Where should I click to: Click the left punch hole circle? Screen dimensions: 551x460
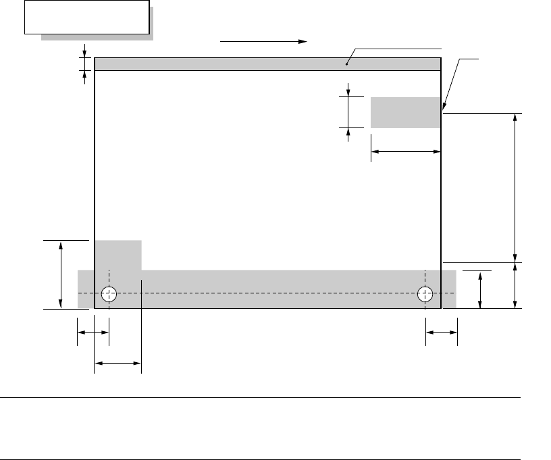[x=109, y=294]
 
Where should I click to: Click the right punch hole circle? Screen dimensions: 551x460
[x=425, y=294]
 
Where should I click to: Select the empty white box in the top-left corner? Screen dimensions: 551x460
[x=86, y=17]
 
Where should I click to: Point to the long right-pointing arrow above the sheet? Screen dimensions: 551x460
[x=263, y=41]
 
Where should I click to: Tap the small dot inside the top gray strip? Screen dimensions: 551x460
[x=347, y=65]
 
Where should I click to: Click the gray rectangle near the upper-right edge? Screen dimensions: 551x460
[x=405, y=112]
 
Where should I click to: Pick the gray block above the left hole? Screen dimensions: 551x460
[x=117, y=255]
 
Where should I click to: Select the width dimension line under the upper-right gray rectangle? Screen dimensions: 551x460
[x=406, y=152]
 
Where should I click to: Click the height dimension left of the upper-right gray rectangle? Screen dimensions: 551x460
[x=348, y=111]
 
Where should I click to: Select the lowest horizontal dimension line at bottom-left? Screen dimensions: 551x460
[x=117, y=364]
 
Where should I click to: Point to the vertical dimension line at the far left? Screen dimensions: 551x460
[x=61, y=275]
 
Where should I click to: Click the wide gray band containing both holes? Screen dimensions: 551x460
[x=270, y=289]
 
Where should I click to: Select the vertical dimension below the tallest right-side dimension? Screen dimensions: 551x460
[x=517, y=285]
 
